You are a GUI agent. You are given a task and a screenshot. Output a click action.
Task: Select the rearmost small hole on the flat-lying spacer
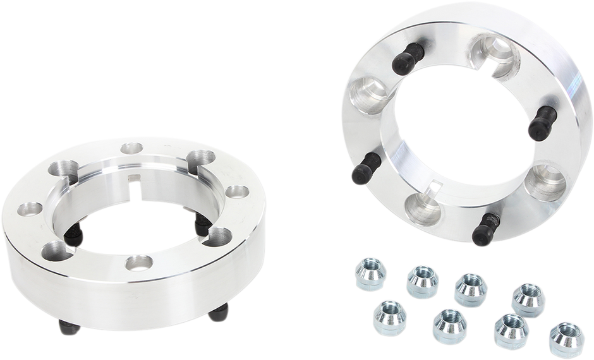pyautogui.click(x=131, y=149)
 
